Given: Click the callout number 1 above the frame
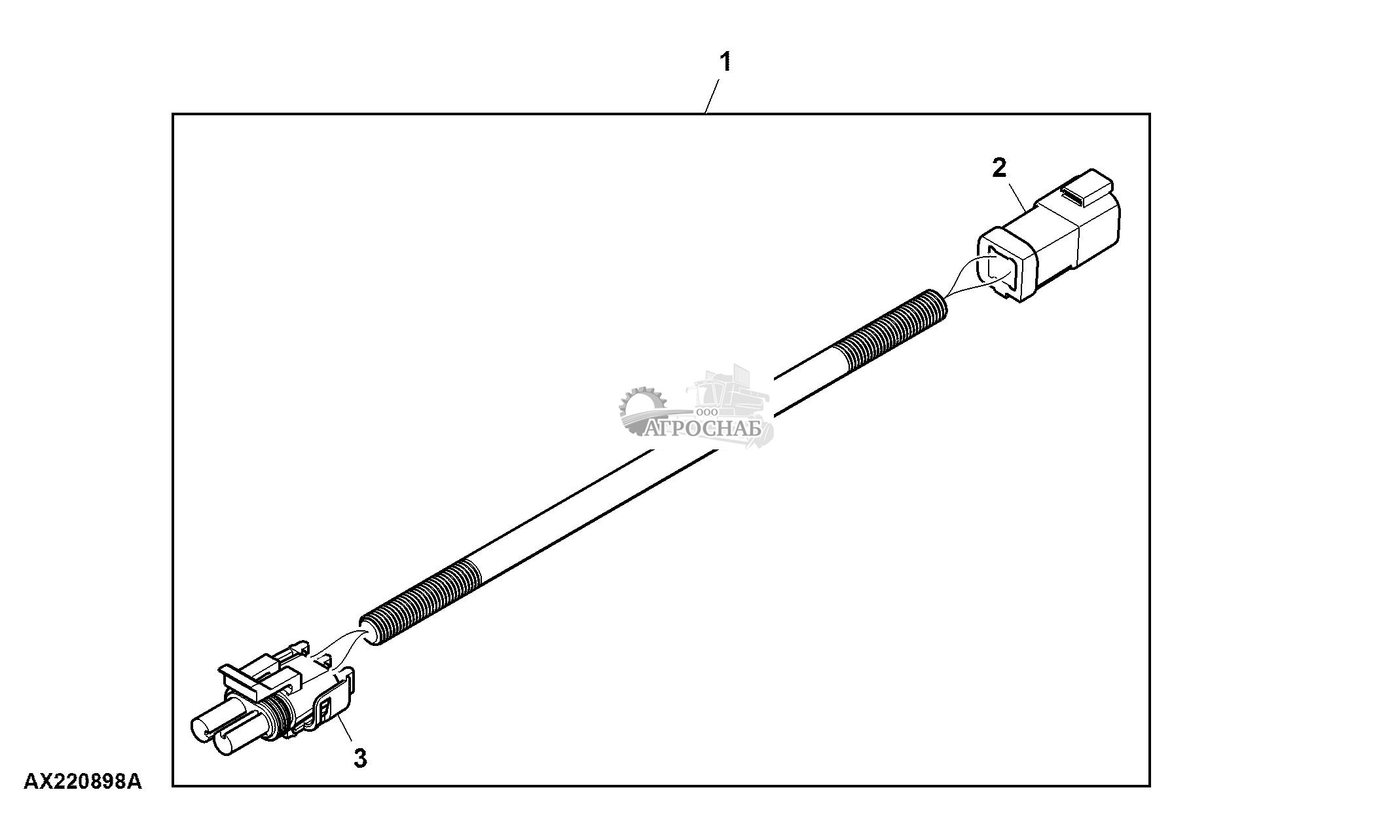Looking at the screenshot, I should click(725, 63).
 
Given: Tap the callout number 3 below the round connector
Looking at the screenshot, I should click(359, 758).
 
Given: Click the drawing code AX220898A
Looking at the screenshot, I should click(82, 782).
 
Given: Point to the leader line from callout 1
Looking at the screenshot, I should click(714, 96).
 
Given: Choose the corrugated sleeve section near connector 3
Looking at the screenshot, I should click(419, 601).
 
